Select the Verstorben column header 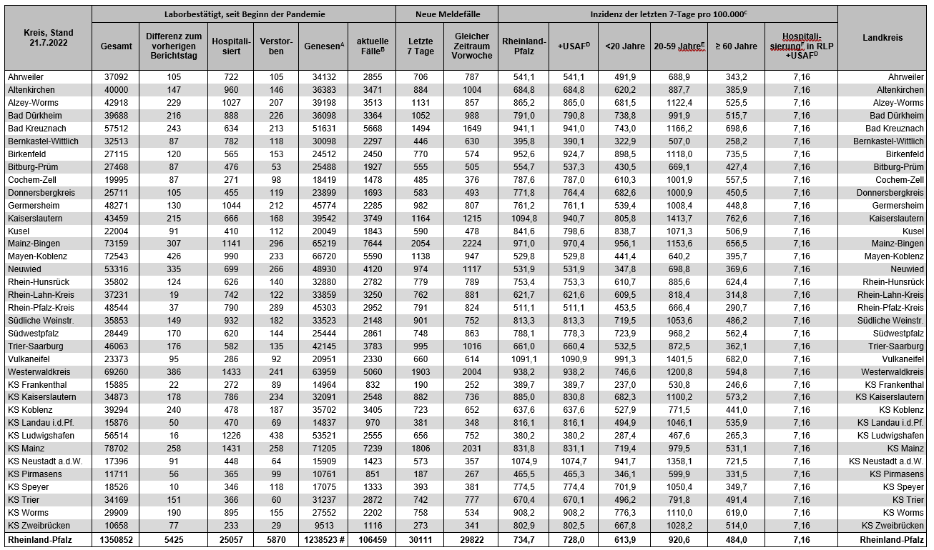(x=275, y=46)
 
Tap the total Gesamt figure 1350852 (x=114, y=540)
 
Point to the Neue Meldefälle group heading (x=447, y=14)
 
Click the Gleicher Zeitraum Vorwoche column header (x=471, y=46)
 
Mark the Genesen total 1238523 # (x=323, y=540)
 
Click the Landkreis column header (x=882, y=38)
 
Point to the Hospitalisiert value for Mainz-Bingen (x=230, y=244)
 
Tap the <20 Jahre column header (x=624, y=46)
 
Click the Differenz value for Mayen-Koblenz (x=173, y=257)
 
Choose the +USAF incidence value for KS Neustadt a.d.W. (x=572, y=461)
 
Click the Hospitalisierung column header (x=800, y=46)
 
